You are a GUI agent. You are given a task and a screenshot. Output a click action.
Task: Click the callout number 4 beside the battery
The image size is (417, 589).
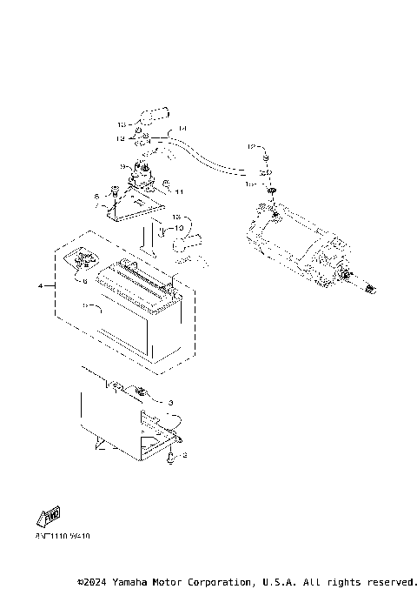(41, 284)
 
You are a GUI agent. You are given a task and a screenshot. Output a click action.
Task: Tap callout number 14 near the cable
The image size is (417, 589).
(182, 129)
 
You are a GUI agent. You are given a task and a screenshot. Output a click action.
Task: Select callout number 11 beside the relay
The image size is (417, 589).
(179, 191)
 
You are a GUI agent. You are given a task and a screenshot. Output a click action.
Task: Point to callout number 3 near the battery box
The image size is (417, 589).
(170, 402)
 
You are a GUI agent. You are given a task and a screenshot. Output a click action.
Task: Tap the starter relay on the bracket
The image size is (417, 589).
(143, 178)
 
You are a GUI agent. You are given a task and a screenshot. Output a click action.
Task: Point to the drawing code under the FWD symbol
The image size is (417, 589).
(63, 536)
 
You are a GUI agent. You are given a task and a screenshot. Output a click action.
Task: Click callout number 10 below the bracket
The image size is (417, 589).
(181, 227)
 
